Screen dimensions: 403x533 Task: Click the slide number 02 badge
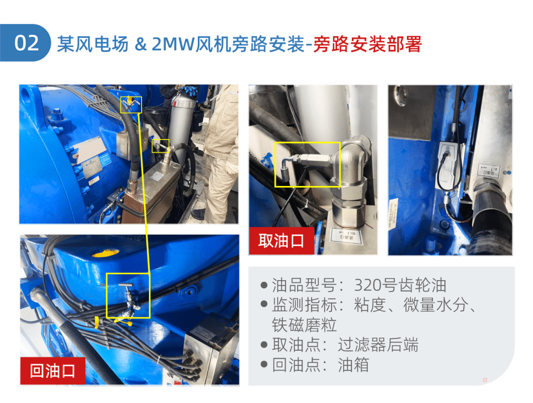pyautogui.click(x=27, y=43)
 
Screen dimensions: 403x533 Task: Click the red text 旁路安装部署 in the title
pyautogui.click(x=368, y=44)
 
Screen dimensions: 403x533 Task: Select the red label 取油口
pyautogui.click(x=281, y=241)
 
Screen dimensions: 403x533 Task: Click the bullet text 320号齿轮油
pyautogui.click(x=400, y=285)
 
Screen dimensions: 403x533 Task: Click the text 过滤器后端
pyautogui.click(x=378, y=345)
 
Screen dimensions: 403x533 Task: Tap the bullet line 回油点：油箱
pyautogui.click(x=321, y=365)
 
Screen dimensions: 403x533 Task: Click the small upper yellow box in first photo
pyautogui.click(x=131, y=104)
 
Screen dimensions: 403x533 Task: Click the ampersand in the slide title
pyautogui.click(x=141, y=44)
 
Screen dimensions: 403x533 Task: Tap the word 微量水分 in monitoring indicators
pyautogui.click(x=434, y=305)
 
